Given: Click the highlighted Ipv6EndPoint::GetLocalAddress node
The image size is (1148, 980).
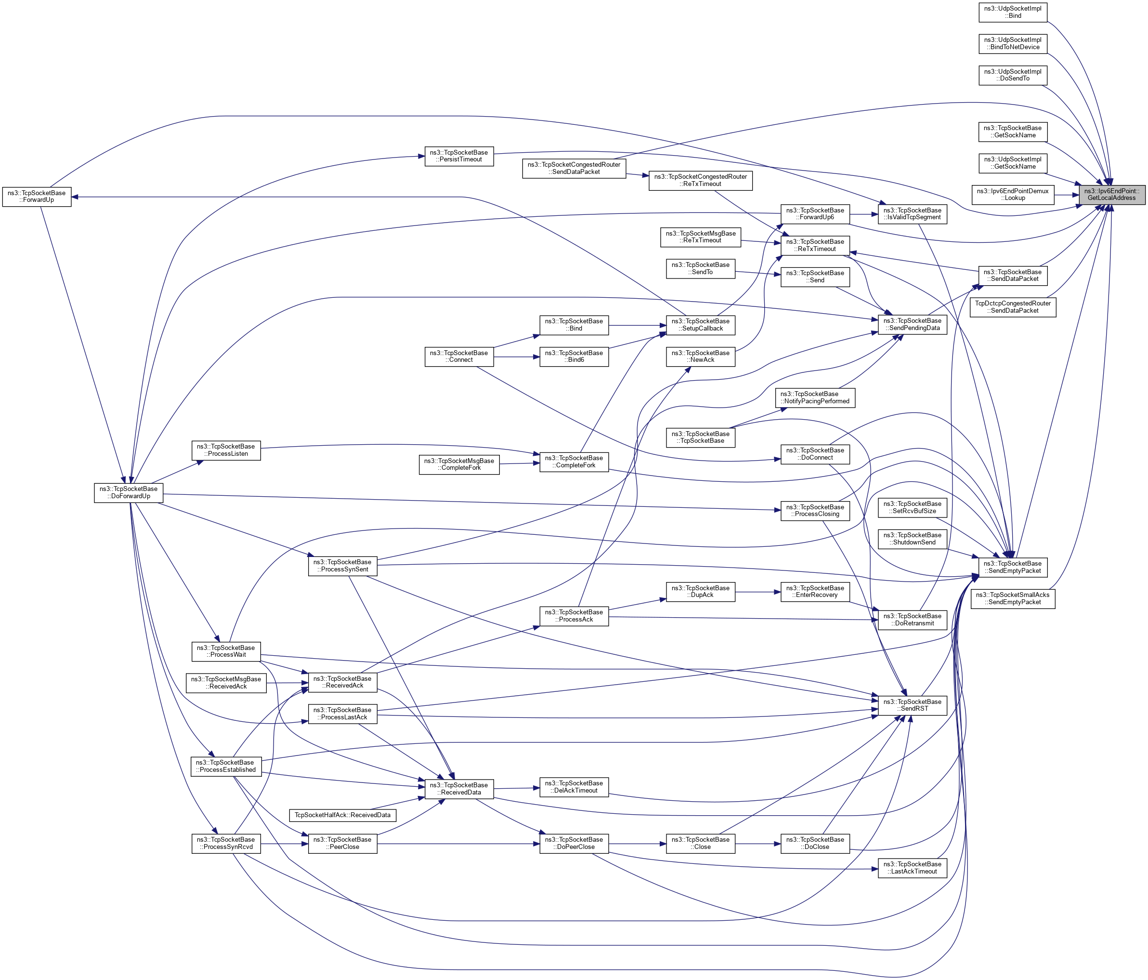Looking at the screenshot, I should tap(1111, 195).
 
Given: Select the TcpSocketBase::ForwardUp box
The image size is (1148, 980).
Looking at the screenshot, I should tap(37, 197).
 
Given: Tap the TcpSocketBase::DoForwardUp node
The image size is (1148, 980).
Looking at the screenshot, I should tap(129, 492).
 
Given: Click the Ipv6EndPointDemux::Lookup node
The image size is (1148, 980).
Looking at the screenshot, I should tap(1012, 195).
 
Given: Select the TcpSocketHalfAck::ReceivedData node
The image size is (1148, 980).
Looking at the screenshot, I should tap(342, 815).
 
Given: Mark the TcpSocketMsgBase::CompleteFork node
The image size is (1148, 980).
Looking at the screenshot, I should tap(459, 464).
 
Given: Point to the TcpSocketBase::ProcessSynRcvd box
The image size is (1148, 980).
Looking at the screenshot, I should tap(226, 843).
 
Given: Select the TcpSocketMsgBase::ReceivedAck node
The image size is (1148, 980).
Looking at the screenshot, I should tap(226, 682).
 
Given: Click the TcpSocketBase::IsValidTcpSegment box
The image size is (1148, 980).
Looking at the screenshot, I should tap(912, 214).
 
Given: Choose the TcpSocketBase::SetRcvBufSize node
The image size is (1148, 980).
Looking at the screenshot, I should tap(912, 507).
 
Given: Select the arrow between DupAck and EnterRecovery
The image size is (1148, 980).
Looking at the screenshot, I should tap(757, 592).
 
